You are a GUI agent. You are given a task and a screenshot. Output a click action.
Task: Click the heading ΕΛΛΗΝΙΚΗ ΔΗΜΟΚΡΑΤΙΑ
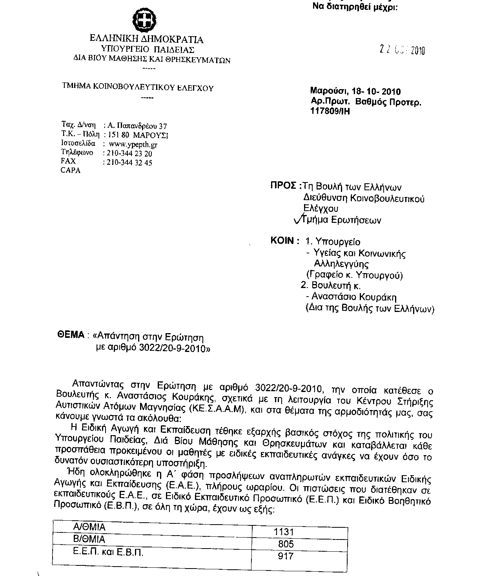point(147,39)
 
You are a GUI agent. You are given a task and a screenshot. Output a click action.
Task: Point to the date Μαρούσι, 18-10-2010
point(355,92)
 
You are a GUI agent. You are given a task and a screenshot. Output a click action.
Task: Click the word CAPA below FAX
point(71,171)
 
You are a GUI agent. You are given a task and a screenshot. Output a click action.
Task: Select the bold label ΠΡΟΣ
point(283,186)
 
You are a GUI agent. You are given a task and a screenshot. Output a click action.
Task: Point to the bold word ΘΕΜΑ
point(71,335)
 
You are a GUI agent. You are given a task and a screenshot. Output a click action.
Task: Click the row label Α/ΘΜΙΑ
point(89,527)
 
